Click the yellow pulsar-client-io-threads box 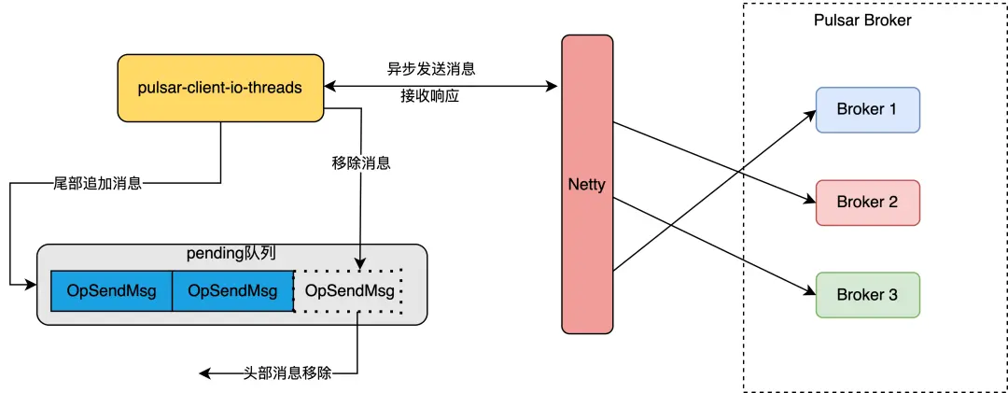pos(219,88)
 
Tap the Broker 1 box pos(867,109)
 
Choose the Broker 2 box pos(867,202)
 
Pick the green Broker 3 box pos(867,294)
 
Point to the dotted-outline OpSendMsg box pos(349,291)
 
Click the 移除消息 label pos(360,162)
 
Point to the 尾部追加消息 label pos(98,183)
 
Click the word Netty pos(587,185)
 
